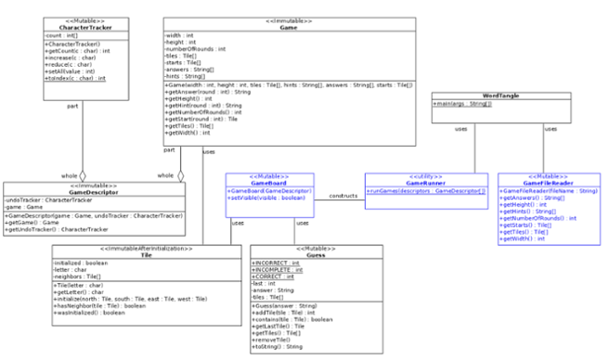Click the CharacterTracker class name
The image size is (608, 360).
[x=79, y=28]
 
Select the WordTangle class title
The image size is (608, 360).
[x=502, y=96]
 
